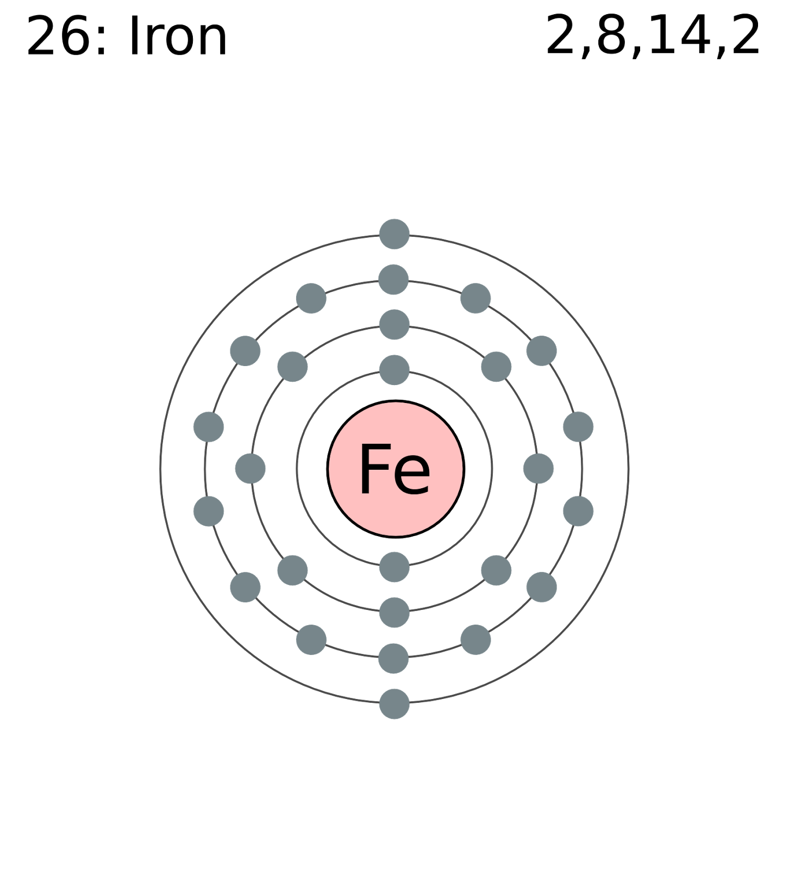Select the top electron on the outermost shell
click(395, 234)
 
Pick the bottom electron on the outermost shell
click(395, 704)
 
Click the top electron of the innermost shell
click(395, 370)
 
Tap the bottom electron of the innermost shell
click(395, 567)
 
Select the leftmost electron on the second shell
click(251, 468)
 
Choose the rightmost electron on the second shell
click(539, 468)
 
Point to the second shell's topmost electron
click(395, 325)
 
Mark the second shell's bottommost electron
click(395, 613)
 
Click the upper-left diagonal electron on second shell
click(292, 367)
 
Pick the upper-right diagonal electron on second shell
click(496, 367)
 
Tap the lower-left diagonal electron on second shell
click(292, 570)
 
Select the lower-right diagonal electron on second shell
click(496, 570)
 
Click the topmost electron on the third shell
click(393, 280)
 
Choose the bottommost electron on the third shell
click(393, 658)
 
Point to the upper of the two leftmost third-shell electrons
click(209, 427)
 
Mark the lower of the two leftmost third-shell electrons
click(209, 511)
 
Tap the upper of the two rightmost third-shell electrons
click(578, 427)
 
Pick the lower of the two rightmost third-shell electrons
click(578, 511)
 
